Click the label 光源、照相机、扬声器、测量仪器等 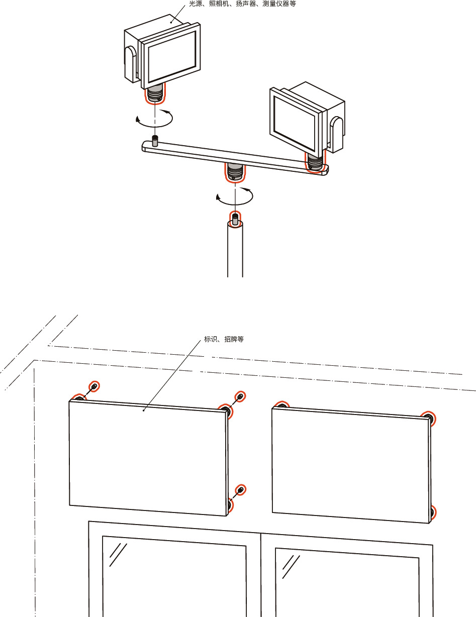(239, 4)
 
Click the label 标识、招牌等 (224, 340)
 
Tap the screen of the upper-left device (171, 52)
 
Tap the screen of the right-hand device (295, 120)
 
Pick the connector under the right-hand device (315, 162)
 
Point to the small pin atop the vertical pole (235, 219)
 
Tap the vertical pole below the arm (235, 251)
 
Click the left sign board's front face (146, 457)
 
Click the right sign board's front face (349, 465)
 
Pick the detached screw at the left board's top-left (93, 386)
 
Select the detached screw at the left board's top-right (241, 397)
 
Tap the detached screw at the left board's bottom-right (241, 490)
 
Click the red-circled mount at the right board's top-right (428, 417)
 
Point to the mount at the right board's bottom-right (432, 513)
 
